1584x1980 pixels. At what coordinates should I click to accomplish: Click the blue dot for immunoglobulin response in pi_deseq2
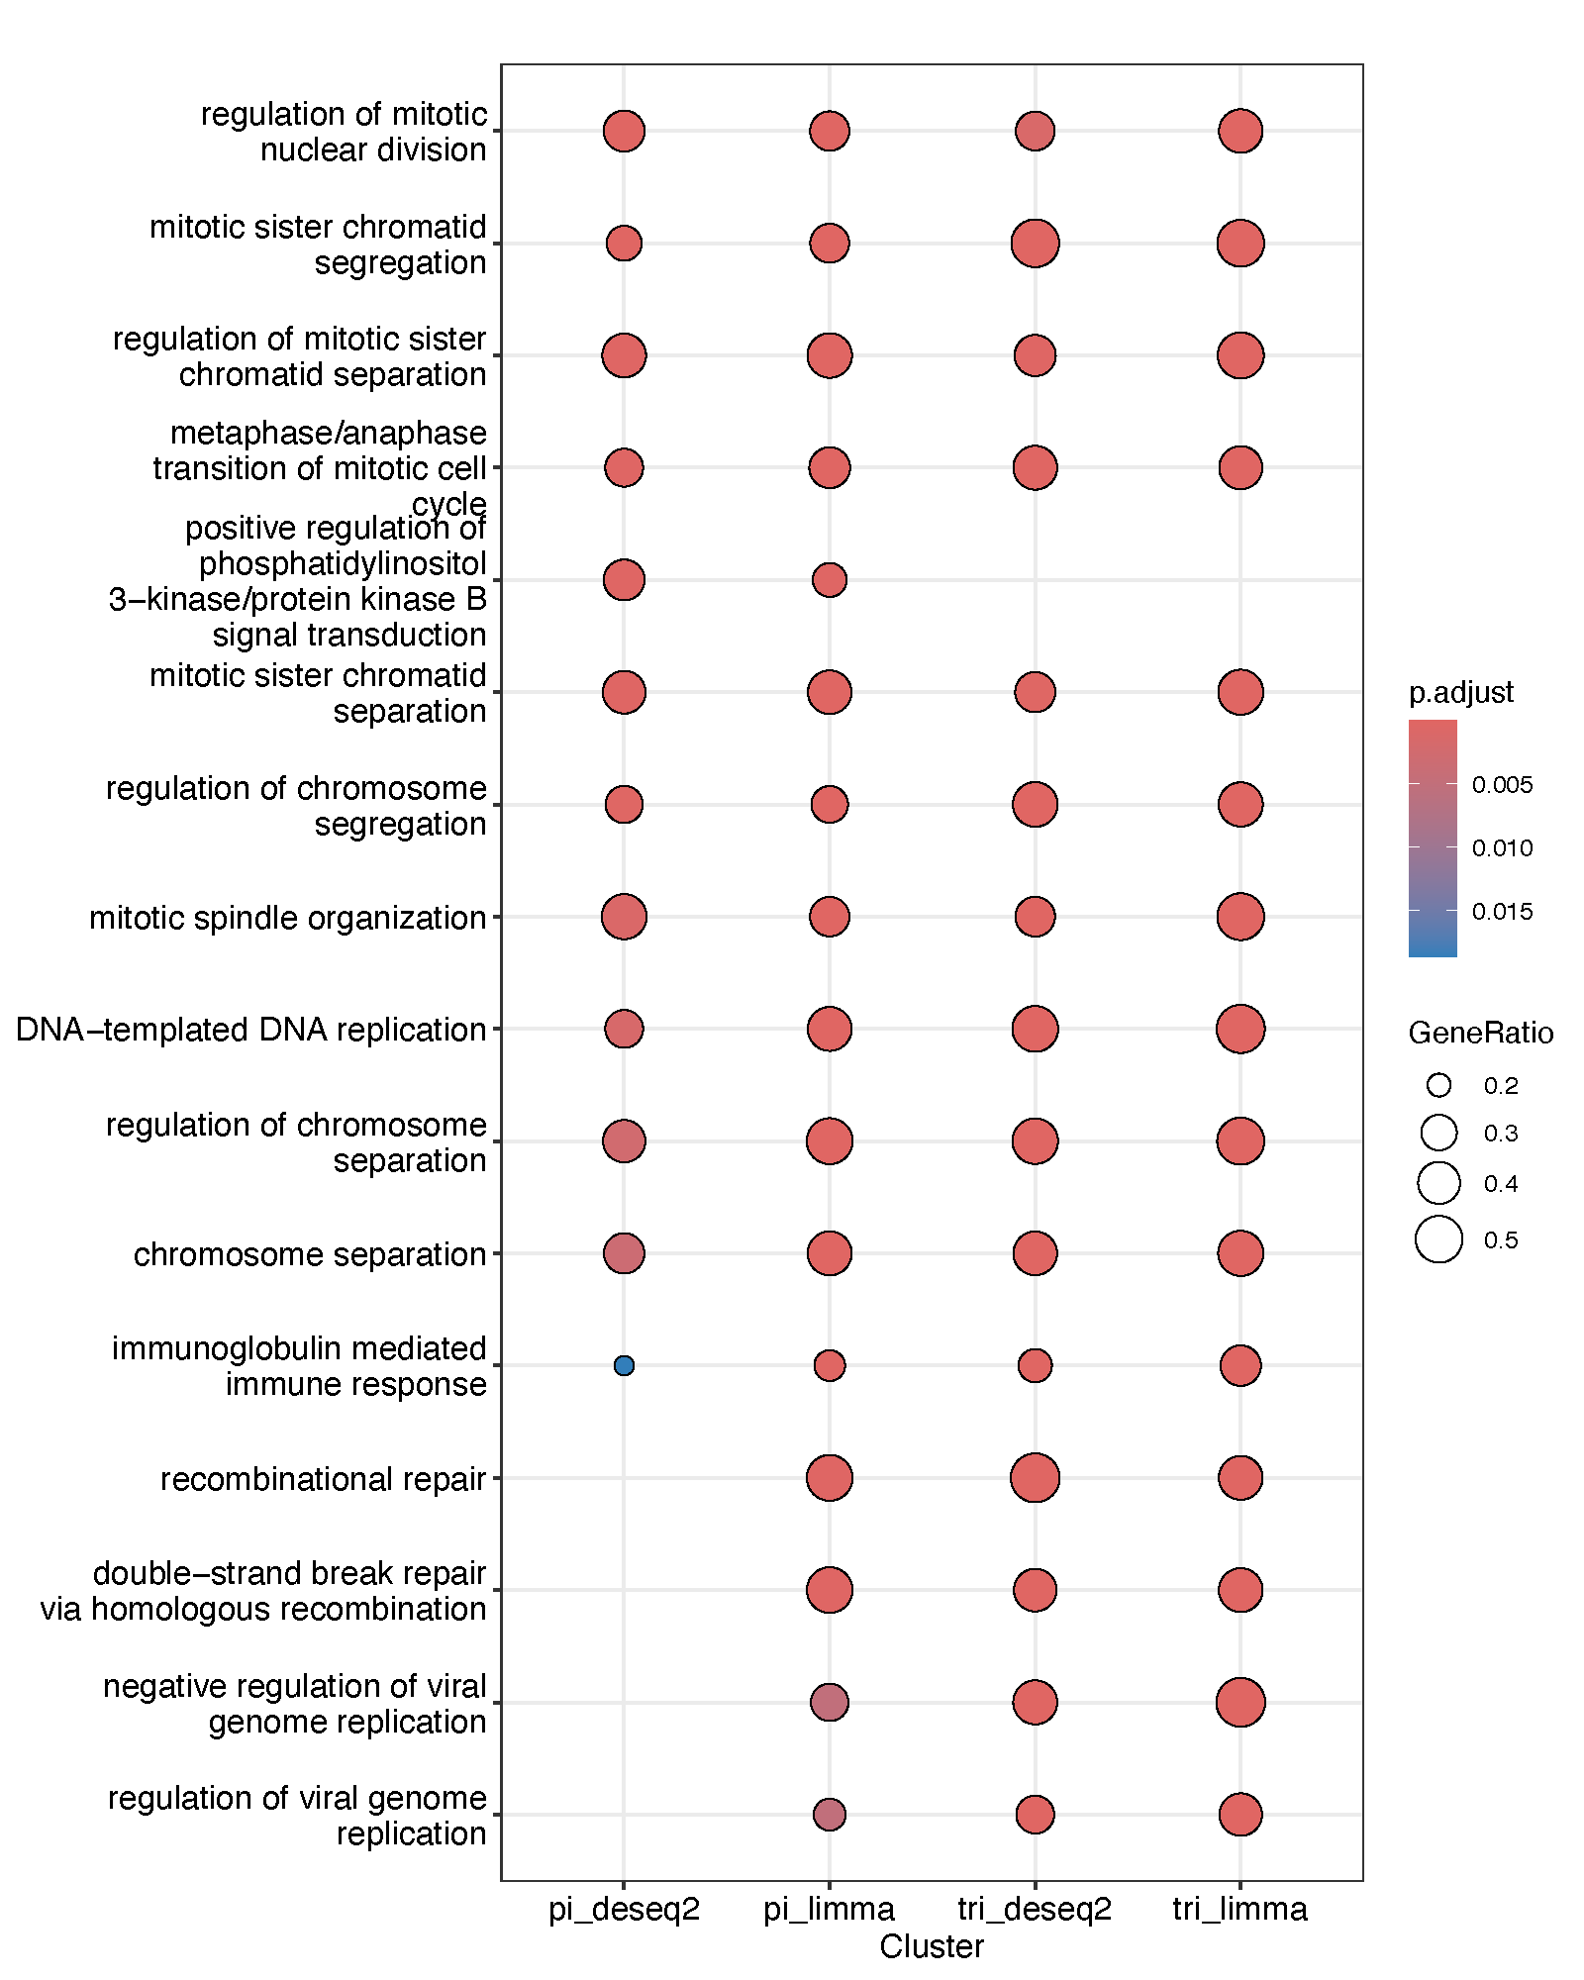click(x=624, y=1365)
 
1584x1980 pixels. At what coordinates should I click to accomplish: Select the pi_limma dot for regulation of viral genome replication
click(x=830, y=1815)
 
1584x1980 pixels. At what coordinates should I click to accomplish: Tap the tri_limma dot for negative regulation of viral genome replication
click(x=1240, y=1703)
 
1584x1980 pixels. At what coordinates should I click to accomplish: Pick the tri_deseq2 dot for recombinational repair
click(x=1035, y=1478)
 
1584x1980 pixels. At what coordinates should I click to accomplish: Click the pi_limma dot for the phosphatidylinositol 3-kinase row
click(x=830, y=580)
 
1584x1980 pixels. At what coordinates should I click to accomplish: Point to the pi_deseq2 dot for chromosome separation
click(x=624, y=1253)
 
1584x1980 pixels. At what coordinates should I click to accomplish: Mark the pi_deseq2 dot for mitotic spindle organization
click(x=624, y=917)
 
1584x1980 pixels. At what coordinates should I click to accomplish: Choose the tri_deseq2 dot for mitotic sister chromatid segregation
click(x=1035, y=244)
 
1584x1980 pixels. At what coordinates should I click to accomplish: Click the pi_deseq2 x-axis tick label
click(x=624, y=1909)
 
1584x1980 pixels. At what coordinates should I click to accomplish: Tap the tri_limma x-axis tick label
click(x=1239, y=1909)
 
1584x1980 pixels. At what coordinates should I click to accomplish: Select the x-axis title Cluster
click(x=932, y=1946)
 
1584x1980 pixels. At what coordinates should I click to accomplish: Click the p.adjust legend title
click(x=1460, y=692)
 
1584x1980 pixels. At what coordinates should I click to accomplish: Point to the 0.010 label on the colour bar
click(x=1502, y=848)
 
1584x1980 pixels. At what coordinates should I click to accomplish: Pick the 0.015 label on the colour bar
click(x=1502, y=912)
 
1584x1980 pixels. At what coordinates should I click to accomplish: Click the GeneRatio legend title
click(x=1480, y=1034)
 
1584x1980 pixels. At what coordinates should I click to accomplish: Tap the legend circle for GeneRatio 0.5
click(x=1438, y=1239)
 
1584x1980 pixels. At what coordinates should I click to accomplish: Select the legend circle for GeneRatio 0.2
click(x=1438, y=1086)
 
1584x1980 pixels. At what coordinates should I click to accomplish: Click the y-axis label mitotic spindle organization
click(x=288, y=918)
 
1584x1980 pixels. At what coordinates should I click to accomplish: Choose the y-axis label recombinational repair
click(x=323, y=1479)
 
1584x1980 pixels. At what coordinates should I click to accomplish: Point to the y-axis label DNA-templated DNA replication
click(x=251, y=1030)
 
